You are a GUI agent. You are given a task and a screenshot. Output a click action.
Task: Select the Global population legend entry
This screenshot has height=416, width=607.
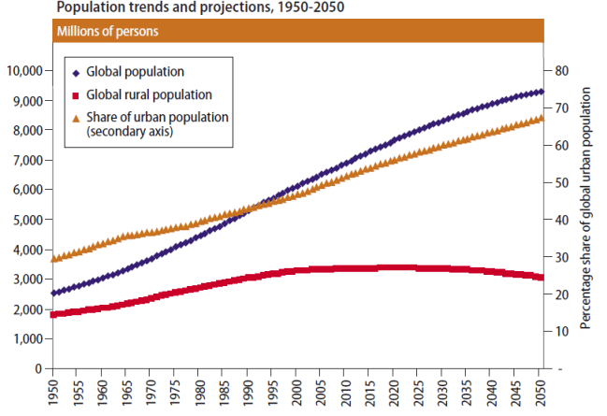click(x=135, y=71)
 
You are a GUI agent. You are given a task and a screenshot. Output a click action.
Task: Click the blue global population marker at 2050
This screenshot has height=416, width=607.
click(x=540, y=92)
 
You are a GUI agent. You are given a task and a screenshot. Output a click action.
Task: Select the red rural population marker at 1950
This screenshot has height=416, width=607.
click(x=52, y=314)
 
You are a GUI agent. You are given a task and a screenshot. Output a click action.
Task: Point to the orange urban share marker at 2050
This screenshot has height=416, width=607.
click(x=540, y=119)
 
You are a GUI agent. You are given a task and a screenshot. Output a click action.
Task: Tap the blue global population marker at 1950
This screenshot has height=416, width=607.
click(x=52, y=294)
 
